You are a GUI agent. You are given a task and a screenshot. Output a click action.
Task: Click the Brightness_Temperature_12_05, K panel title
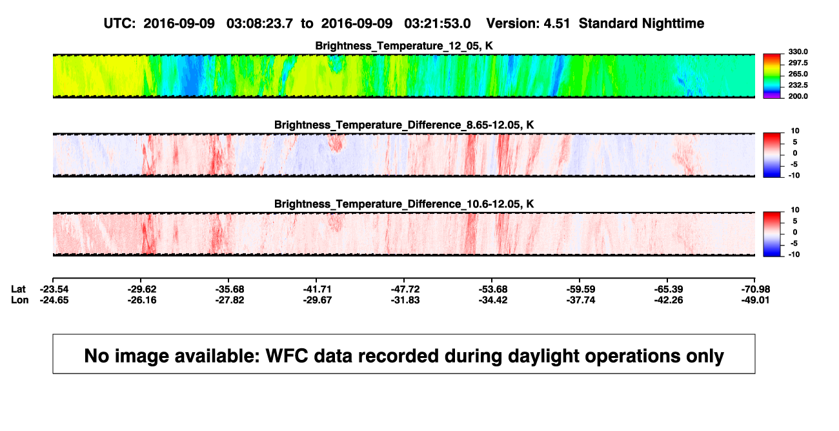click(x=404, y=46)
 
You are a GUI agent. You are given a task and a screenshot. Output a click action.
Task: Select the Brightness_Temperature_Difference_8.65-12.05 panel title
click(x=404, y=125)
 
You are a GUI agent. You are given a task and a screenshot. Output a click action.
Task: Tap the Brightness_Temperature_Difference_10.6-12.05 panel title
click(x=404, y=204)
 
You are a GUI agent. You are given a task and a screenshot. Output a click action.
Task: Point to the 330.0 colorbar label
click(x=798, y=52)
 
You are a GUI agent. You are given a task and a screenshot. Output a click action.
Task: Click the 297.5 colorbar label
click(x=798, y=63)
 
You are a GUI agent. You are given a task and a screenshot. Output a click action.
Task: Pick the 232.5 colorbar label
click(x=798, y=85)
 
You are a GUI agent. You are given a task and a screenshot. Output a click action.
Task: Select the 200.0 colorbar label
click(x=798, y=96)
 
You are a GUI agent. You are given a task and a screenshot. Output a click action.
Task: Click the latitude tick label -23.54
click(x=54, y=289)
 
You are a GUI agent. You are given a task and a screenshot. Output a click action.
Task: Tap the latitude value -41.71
click(x=317, y=289)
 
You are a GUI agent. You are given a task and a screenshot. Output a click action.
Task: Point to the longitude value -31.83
click(x=405, y=300)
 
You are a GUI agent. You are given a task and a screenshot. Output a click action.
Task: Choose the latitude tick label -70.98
click(x=756, y=289)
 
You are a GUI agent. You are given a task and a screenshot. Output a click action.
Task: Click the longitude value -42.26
click(x=668, y=300)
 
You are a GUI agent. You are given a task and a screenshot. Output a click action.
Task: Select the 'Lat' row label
click(x=18, y=289)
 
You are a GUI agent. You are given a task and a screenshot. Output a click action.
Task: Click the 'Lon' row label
click(x=19, y=300)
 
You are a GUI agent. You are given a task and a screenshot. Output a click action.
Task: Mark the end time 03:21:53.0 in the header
click(x=437, y=23)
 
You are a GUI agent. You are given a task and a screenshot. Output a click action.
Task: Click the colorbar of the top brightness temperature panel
click(x=772, y=76)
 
